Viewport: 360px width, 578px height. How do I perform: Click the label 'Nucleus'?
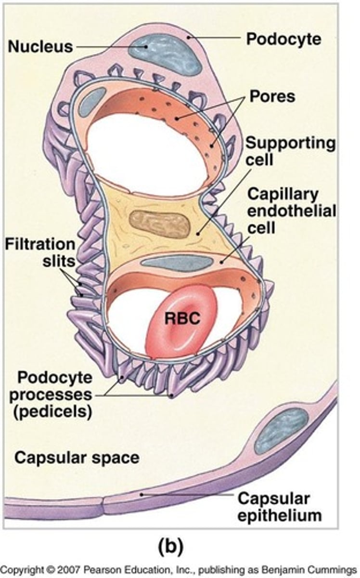click(x=39, y=47)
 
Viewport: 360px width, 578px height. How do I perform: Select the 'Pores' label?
click(x=272, y=96)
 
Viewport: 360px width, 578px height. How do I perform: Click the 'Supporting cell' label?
click(x=290, y=151)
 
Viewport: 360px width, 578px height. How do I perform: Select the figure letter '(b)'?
click(x=170, y=546)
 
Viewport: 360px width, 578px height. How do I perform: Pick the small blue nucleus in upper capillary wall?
click(x=92, y=101)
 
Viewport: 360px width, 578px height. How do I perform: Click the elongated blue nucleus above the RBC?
click(x=178, y=263)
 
